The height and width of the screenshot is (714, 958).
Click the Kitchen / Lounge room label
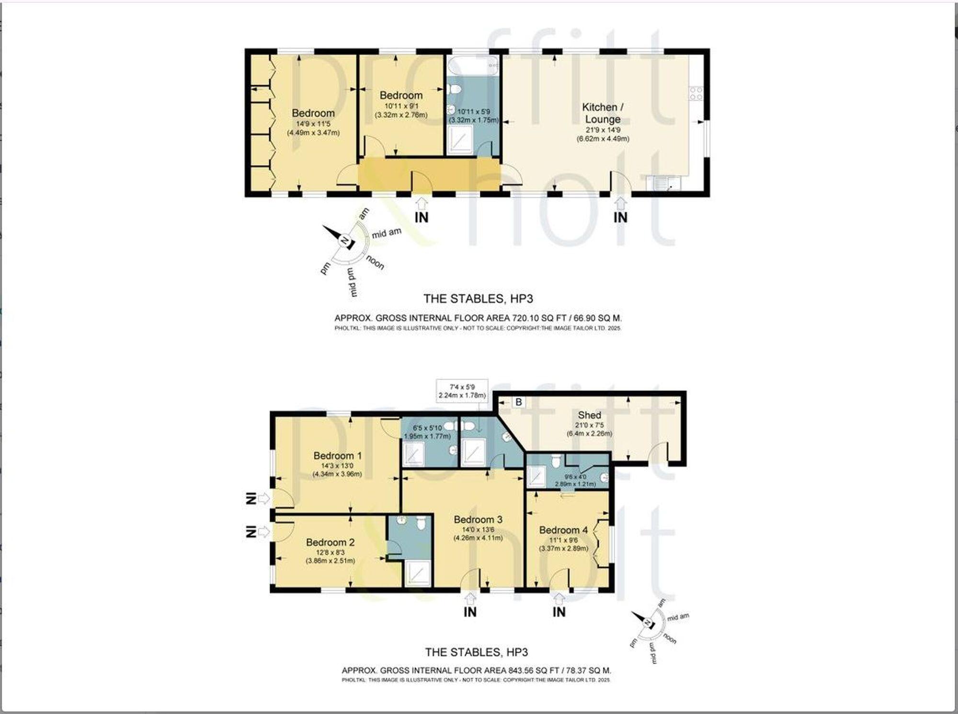(603, 113)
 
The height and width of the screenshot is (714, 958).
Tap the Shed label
(589, 415)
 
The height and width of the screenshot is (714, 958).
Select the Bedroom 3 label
(478, 519)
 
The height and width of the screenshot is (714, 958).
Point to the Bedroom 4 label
(563, 530)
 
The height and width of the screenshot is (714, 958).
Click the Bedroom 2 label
(330, 542)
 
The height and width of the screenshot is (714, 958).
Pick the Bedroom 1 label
(337, 455)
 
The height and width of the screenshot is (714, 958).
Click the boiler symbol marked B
(518, 402)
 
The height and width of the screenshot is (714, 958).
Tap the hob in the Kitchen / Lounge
(696, 93)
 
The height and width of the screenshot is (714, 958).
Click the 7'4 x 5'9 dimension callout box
(462, 391)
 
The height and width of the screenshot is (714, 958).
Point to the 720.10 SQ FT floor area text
(478, 318)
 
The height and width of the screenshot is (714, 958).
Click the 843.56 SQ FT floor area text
(476, 670)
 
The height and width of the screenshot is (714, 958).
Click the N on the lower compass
(647, 623)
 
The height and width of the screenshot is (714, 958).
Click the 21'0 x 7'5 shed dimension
(589, 425)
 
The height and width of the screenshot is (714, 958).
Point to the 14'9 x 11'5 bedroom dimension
(313, 124)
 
